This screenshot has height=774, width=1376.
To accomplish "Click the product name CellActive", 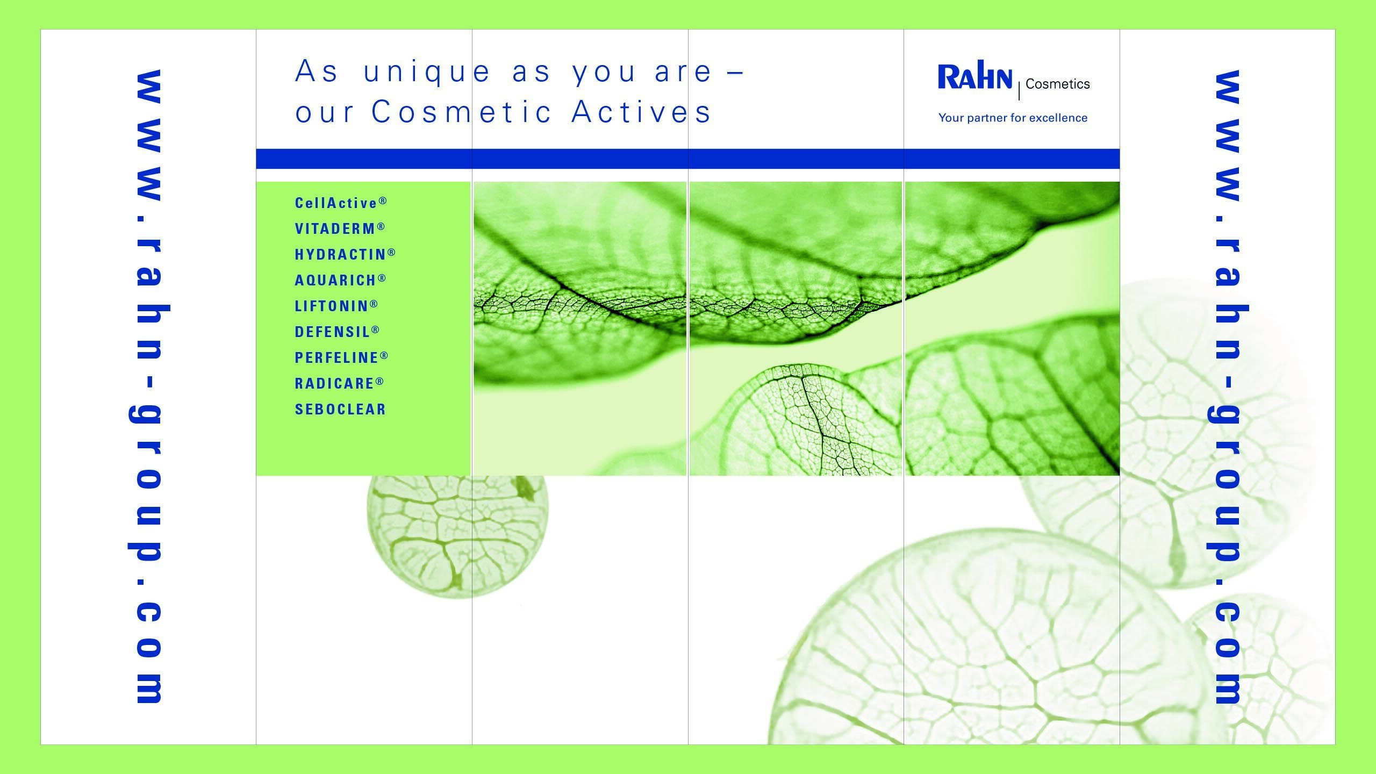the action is coord(336,203).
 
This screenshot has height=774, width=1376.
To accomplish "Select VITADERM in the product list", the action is coord(335,229).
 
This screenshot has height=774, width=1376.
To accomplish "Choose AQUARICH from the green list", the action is coord(335,281).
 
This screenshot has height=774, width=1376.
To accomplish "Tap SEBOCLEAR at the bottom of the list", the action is coord(340,410).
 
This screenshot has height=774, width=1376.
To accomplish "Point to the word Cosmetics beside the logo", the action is coord(1058,84).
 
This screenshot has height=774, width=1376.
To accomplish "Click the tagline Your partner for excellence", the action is coord(1013,118).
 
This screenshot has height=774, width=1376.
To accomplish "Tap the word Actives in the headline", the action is coord(641,112).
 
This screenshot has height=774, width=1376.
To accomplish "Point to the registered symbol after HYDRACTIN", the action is coord(391,252).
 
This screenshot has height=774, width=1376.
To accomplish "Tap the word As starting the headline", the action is coord(317,71).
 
